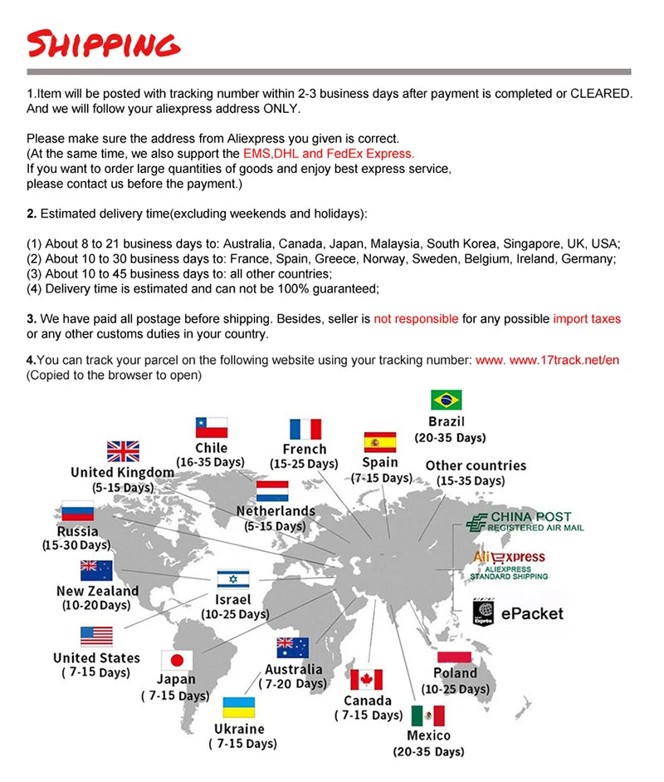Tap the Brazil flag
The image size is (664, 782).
(447, 400)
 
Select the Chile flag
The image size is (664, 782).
(211, 427)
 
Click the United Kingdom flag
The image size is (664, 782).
(123, 451)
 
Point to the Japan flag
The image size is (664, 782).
(176, 661)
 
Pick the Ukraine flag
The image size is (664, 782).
(239, 708)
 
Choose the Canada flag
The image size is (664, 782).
(366, 680)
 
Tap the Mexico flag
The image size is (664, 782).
(428, 716)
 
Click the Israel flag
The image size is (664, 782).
(233, 579)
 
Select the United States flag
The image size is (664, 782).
(96, 637)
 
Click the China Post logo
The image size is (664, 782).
(525, 522)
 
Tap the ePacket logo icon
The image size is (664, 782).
(483, 613)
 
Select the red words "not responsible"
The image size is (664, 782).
(416, 319)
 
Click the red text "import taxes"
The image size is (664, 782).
(587, 319)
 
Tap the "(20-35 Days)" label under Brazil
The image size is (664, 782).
(450, 438)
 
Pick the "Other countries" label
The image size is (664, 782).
(476, 465)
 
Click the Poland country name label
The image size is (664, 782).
(456, 673)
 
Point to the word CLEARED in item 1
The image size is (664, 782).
(601, 93)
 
